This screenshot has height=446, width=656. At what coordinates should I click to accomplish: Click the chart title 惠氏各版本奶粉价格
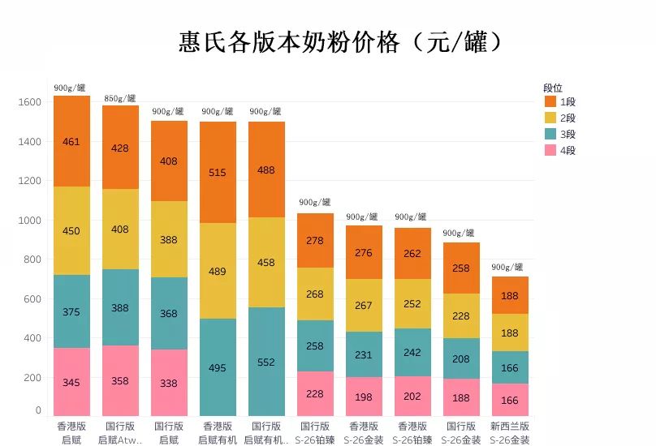(340, 42)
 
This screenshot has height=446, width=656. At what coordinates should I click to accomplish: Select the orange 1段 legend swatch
(550, 102)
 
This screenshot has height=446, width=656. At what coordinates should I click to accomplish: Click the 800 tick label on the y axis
(32, 259)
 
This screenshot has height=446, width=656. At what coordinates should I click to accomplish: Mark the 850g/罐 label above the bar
(120, 99)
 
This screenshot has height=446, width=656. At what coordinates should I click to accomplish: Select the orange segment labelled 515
(218, 173)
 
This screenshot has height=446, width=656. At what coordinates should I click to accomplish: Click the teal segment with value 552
(266, 362)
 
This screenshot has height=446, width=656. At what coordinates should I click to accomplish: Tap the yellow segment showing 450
(71, 231)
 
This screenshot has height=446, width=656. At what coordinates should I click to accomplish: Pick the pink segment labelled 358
(120, 381)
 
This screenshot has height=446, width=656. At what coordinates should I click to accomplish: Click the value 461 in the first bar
(71, 142)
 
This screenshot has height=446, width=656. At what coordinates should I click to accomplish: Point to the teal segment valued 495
(218, 367)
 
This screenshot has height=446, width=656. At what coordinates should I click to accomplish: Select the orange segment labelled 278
(315, 241)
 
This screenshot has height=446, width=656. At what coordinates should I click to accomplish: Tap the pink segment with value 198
(364, 397)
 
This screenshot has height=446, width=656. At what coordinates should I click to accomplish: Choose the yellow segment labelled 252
(412, 304)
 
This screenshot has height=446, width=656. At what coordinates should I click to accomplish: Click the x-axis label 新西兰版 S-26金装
(510, 432)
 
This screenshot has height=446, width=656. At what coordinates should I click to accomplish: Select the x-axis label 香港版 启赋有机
(218, 432)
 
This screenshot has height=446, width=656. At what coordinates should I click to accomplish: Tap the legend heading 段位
(554, 88)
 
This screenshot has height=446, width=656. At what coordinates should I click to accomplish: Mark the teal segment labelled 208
(461, 358)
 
